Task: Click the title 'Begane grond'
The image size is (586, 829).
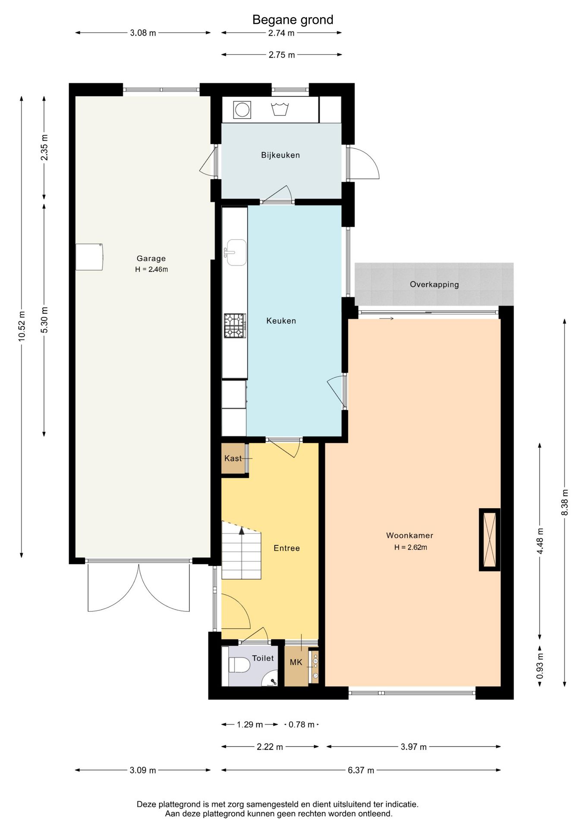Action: (x=293, y=20)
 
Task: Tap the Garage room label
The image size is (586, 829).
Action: (x=151, y=258)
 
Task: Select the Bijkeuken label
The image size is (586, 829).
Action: (x=280, y=155)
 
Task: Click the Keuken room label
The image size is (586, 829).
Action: (x=281, y=320)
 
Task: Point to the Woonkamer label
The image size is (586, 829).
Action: (x=410, y=535)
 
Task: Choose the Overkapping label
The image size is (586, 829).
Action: (x=434, y=285)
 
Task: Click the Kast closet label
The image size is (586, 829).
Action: (x=233, y=458)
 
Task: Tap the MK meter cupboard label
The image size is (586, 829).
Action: (x=296, y=662)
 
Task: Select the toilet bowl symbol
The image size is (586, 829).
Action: (x=239, y=664)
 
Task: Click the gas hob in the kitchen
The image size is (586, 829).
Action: (x=235, y=326)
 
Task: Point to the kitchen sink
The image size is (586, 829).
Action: (x=235, y=253)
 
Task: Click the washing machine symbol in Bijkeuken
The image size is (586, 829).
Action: (x=242, y=110)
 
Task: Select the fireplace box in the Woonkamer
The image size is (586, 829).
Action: (x=490, y=540)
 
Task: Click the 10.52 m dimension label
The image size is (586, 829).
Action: (x=22, y=326)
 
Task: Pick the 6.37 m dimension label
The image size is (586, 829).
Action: (x=361, y=770)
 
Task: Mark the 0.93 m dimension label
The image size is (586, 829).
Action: (x=540, y=665)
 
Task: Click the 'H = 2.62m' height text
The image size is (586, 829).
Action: (x=410, y=547)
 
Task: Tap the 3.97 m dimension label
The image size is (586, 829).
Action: (x=413, y=747)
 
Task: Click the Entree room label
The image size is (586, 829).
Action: (x=287, y=548)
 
